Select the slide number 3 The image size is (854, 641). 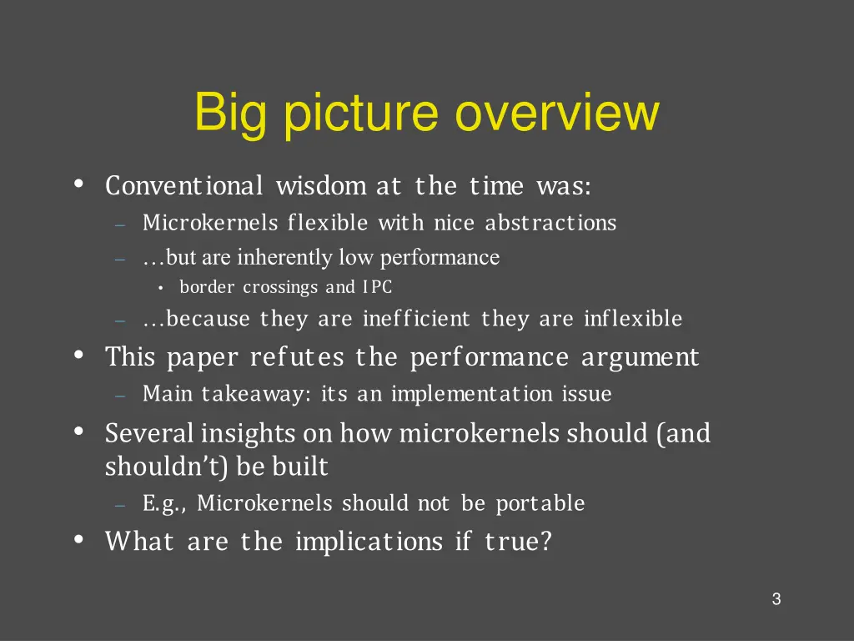click(776, 599)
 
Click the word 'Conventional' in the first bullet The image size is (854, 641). click(184, 185)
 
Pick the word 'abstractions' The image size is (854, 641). click(550, 224)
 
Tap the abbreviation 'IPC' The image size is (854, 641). click(377, 288)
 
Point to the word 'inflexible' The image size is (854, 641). click(633, 319)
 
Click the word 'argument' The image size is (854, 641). click(640, 357)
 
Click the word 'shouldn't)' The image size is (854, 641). click(167, 467)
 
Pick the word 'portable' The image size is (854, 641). click(540, 504)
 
